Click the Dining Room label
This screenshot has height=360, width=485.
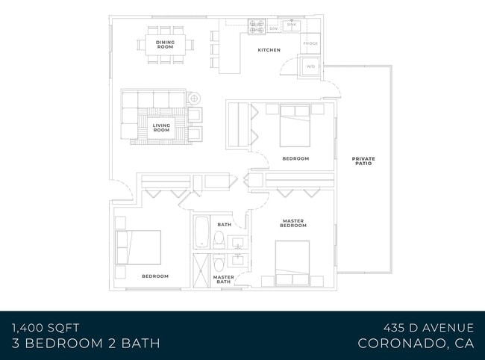pyautogui.click(x=166, y=43)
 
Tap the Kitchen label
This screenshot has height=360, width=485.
pyautogui.click(x=269, y=50)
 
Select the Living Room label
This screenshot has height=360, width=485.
pyautogui.click(x=161, y=128)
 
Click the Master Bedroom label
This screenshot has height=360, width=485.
pyautogui.click(x=294, y=223)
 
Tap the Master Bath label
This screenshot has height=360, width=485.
pyautogui.click(x=224, y=279)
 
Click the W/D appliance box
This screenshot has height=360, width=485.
pyautogui.click(x=310, y=68)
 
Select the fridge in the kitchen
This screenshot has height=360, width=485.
pyautogui.click(x=310, y=44)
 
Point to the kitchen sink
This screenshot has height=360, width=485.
pyautogui.click(x=291, y=25)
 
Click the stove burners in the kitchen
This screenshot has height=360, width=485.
pyautogui.click(x=257, y=26)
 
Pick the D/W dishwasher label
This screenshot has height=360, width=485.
pyautogui.click(x=274, y=29)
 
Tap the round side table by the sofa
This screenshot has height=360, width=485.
pyautogui.click(x=194, y=98)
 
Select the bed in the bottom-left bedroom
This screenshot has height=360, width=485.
pyautogui.click(x=138, y=247)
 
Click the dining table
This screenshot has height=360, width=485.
pyautogui.click(x=166, y=43)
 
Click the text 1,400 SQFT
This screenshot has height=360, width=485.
pyautogui.click(x=46, y=327)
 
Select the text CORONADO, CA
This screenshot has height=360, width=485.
pyautogui.click(x=416, y=344)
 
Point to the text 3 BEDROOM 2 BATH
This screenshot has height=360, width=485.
pyautogui.click(x=86, y=344)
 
